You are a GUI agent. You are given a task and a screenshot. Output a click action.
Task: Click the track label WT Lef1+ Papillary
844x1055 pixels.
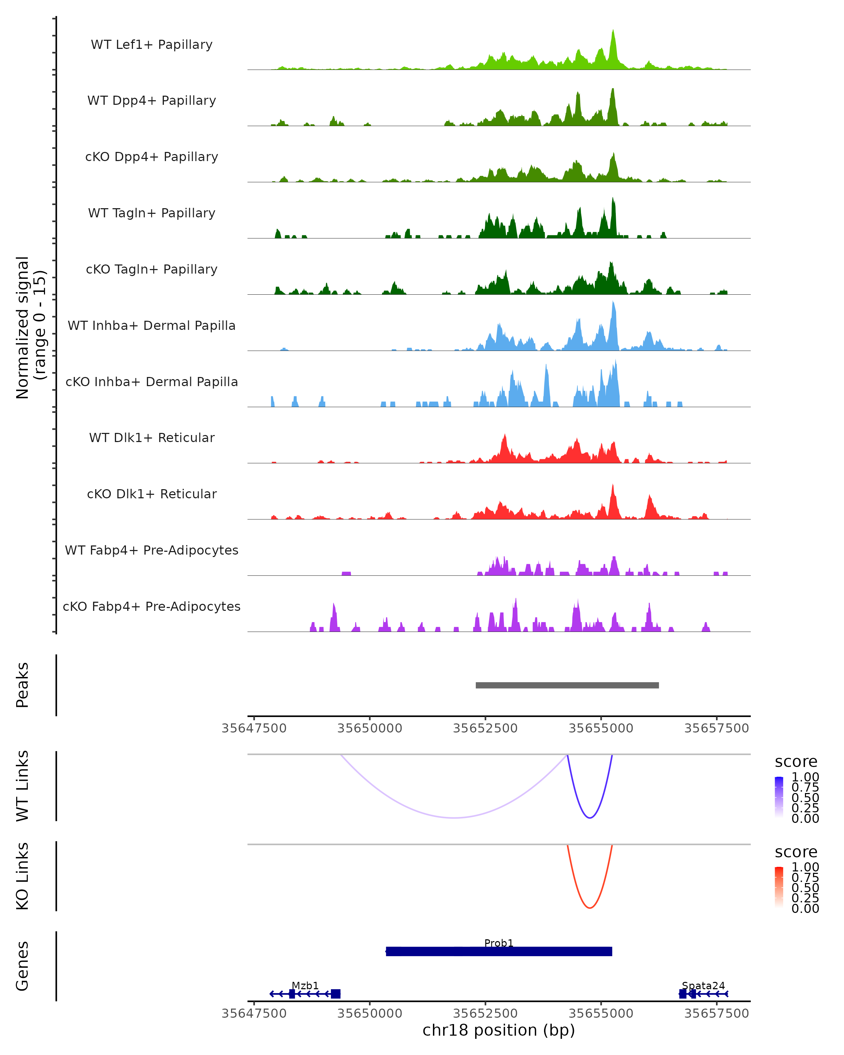pyautogui.click(x=152, y=45)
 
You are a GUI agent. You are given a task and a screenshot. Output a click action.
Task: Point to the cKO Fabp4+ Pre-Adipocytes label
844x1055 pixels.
pyautogui.click(x=152, y=606)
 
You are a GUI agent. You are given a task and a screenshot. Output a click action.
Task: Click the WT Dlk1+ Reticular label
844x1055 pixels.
pyautogui.click(x=152, y=437)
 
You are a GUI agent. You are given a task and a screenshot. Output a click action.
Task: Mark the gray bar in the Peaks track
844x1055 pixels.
pyautogui.click(x=567, y=685)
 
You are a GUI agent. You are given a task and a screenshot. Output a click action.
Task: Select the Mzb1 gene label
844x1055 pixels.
pyautogui.click(x=305, y=985)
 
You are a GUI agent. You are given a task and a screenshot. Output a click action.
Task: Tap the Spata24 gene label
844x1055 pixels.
pyautogui.click(x=703, y=985)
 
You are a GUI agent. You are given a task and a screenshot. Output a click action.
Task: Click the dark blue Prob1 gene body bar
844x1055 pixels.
pyautogui.click(x=499, y=951)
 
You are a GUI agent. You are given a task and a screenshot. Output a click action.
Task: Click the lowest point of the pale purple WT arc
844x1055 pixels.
pyautogui.click(x=455, y=818)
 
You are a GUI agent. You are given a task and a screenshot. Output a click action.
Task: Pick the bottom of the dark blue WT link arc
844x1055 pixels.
pyautogui.click(x=590, y=818)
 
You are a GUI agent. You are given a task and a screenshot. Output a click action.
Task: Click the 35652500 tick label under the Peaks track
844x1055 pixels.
pyautogui.click(x=485, y=728)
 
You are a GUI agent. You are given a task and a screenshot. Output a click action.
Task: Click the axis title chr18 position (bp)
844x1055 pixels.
pyautogui.click(x=499, y=1030)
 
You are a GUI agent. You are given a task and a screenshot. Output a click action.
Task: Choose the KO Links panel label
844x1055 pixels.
pyautogui.click(x=23, y=876)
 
